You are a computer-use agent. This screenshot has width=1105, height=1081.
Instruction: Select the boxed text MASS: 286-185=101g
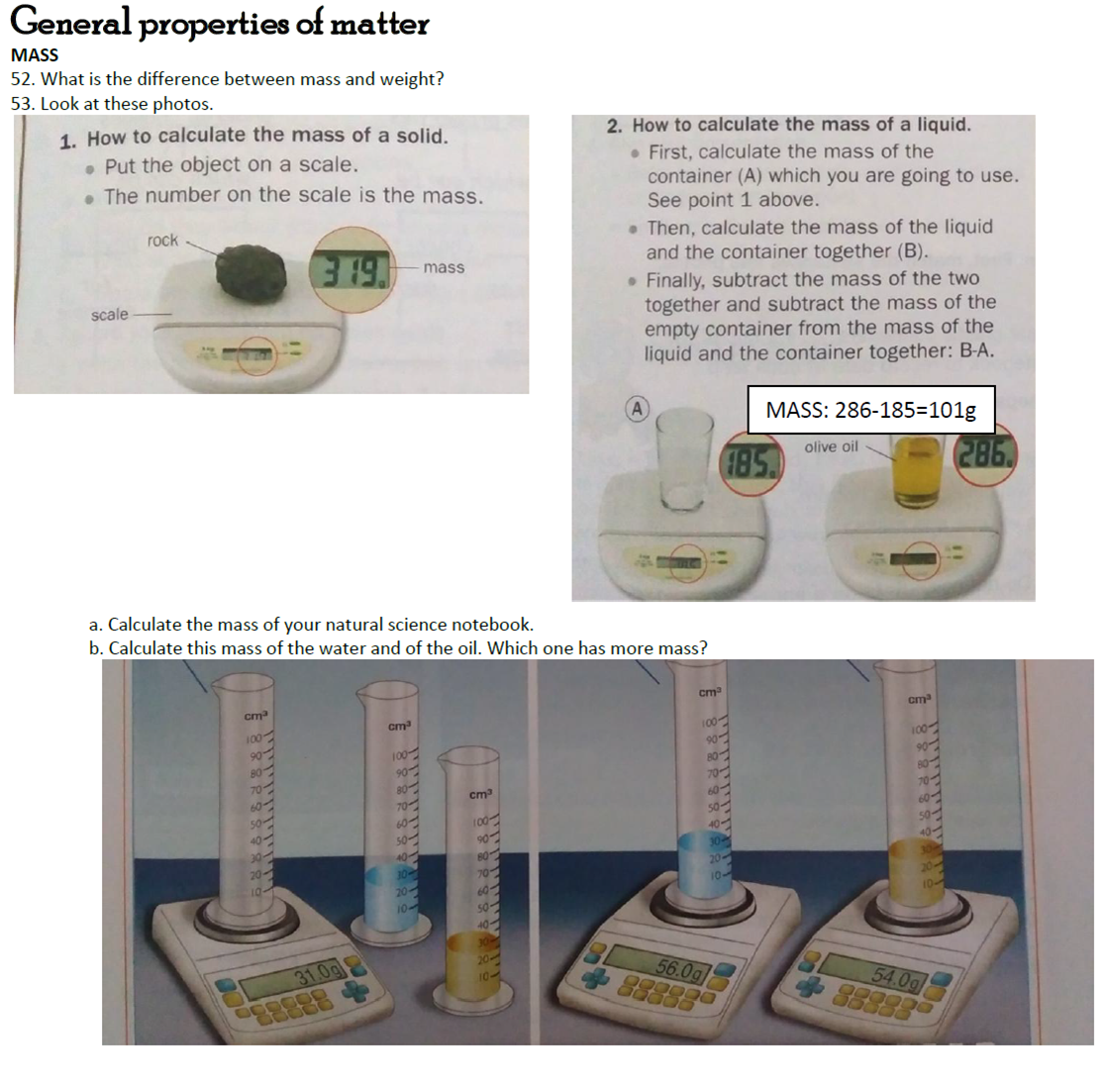click(x=870, y=410)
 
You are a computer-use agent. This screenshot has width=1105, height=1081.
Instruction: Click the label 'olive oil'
click(x=831, y=446)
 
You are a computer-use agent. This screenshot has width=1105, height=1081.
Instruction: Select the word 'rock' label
click(x=161, y=241)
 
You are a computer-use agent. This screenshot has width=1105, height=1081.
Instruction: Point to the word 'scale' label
click(x=109, y=315)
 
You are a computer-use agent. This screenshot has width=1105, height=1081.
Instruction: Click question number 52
click(x=22, y=80)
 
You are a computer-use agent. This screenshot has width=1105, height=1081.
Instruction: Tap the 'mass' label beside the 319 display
click(x=444, y=267)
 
